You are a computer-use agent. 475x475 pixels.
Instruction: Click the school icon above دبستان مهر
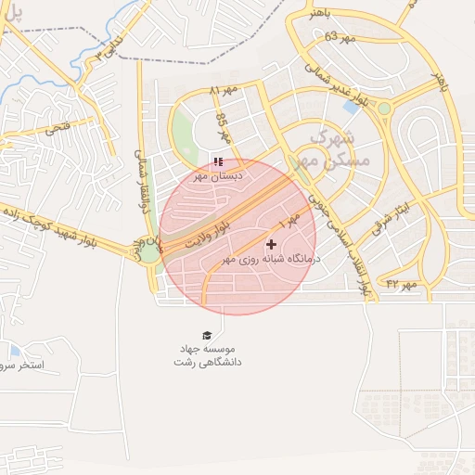coord(218,161)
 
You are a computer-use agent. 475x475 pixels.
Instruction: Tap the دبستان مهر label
coord(218,174)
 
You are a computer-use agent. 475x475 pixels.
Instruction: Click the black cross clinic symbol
coord(271,244)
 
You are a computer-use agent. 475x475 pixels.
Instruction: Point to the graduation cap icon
coord(206,334)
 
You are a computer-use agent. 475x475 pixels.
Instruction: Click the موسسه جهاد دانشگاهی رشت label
coord(207,355)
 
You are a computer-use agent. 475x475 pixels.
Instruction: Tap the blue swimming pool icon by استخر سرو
coord(15,351)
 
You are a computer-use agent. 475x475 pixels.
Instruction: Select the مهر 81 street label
coord(224,91)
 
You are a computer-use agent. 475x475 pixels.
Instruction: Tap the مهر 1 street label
coord(290,221)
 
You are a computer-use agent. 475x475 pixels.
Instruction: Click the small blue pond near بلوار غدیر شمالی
coord(352,107)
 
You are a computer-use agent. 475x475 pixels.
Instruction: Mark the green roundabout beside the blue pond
coord(384,109)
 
